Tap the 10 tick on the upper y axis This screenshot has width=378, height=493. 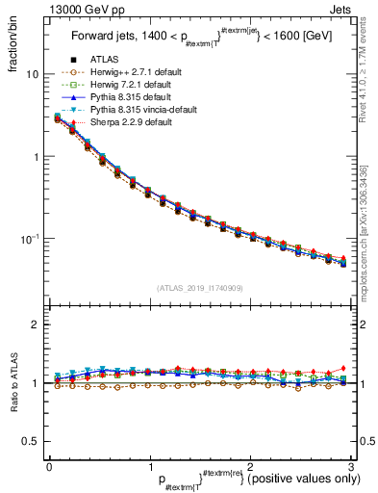click(33, 74)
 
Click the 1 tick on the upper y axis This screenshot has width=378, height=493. click(36, 156)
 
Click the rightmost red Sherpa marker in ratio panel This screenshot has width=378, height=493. click(343, 369)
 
